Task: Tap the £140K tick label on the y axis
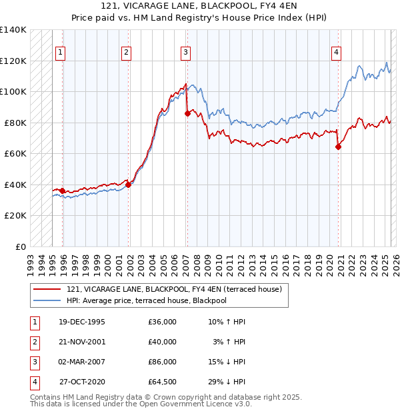click(x=13, y=30)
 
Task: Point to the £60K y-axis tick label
click(x=15, y=154)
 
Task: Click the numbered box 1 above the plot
click(x=61, y=53)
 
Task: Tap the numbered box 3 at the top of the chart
click(x=185, y=53)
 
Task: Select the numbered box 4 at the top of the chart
click(x=337, y=53)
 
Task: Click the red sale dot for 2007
click(x=187, y=114)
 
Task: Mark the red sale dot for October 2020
click(x=338, y=147)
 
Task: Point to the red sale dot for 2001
click(x=129, y=185)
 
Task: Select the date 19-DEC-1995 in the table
click(x=82, y=322)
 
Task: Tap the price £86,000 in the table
click(x=163, y=362)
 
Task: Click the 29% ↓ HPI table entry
click(x=227, y=382)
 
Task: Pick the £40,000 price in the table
click(x=163, y=342)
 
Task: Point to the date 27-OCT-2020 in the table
click(x=83, y=382)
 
